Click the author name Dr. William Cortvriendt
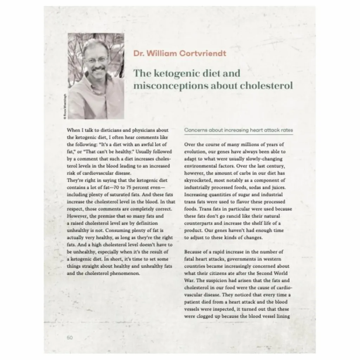180,53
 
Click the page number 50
69,337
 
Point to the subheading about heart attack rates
238,130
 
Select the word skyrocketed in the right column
198,180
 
